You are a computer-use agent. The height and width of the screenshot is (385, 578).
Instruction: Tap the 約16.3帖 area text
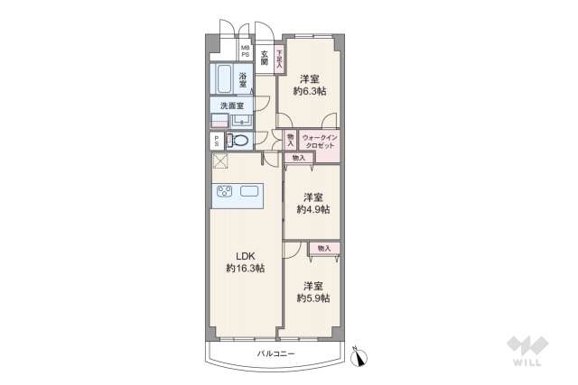tap(245, 269)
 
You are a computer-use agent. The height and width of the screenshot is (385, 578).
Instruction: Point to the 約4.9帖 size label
tap(313, 209)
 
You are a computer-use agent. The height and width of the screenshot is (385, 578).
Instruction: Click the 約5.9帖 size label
tap(313, 298)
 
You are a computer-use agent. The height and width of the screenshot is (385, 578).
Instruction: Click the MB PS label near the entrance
tap(245, 51)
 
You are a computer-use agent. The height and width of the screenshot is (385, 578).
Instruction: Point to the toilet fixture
tap(239, 141)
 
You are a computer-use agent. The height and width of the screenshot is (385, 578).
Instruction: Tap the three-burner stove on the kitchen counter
tap(225, 191)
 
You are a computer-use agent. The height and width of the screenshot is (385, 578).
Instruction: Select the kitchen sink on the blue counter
tap(250, 191)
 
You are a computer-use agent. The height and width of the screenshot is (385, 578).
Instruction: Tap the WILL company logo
tap(526, 351)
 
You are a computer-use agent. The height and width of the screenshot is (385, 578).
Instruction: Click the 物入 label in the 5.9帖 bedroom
tap(324, 248)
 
